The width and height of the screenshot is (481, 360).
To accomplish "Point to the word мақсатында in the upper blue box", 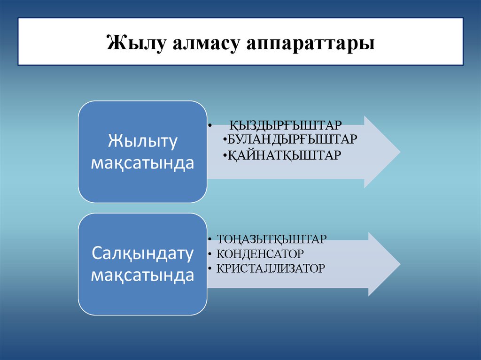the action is pos(142,163).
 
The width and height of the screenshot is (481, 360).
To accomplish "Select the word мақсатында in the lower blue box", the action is pos(142,276).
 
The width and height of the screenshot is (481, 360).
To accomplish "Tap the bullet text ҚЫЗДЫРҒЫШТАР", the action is pos(286,126).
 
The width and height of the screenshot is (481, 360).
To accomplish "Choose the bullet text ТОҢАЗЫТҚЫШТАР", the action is pos(271,239).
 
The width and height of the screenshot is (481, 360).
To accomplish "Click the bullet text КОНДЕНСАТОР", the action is pos(260,254).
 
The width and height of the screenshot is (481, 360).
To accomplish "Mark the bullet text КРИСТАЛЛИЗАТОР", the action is pos(271,269).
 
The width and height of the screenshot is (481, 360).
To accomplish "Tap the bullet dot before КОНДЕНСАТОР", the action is pos(209,254).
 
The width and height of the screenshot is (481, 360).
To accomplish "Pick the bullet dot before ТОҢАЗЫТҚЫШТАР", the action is pos(209,239).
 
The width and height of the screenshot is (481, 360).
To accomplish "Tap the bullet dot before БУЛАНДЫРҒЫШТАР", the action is pos(225,140).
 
